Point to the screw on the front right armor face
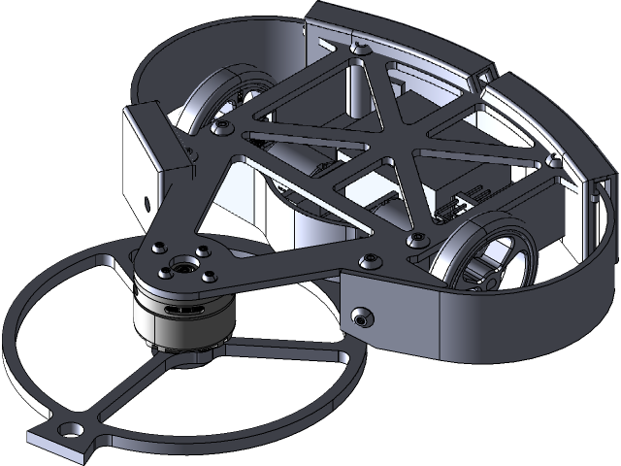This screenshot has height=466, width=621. point(362,317)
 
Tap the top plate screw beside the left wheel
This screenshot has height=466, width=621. point(225,125)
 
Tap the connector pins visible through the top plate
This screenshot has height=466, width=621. point(449,207)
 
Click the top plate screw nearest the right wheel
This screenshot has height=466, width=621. point(418,236)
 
